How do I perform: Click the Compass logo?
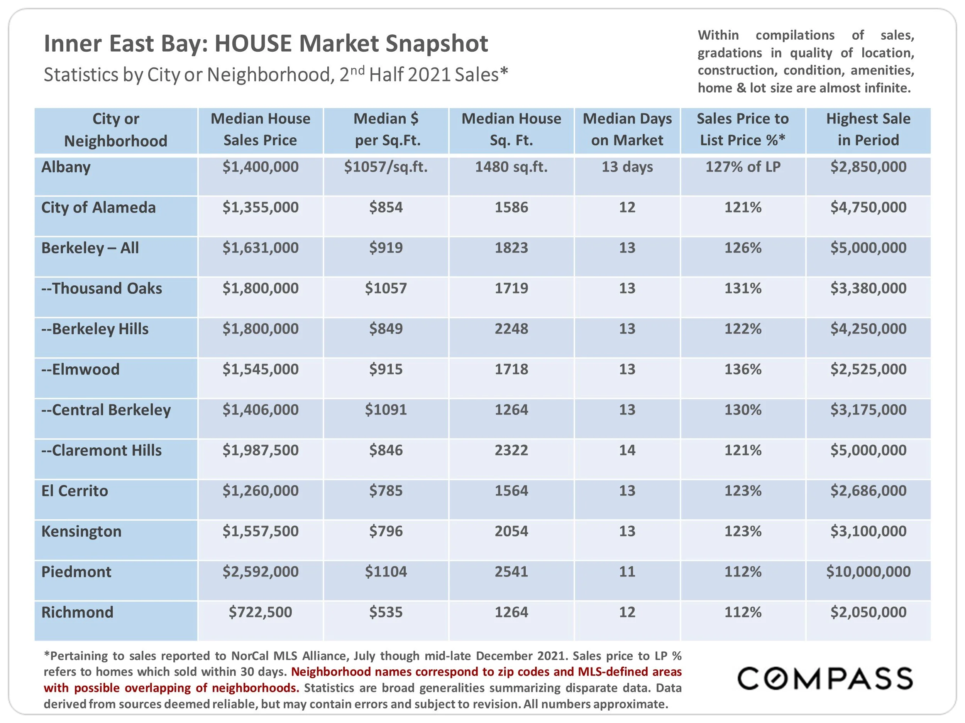pyautogui.click(x=824, y=679)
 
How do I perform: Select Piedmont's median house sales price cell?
pyautogui.click(x=261, y=571)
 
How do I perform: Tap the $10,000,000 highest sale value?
pyautogui.click(x=868, y=571)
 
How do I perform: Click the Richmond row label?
pyautogui.click(x=77, y=612)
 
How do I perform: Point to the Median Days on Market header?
pyautogui.click(x=627, y=130)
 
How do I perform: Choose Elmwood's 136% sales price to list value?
pyautogui.click(x=743, y=369)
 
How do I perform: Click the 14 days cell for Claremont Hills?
pyautogui.click(x=627, y=450)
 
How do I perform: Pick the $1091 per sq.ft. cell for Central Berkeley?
pyautogui.click(x=386, y=410)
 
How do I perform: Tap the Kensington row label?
pyautogui.click(x=81, y=531)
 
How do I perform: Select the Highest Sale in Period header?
pyautogui.click(x=868, y=130)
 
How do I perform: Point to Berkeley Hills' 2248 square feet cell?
pyautogui.click(x=511, y=329)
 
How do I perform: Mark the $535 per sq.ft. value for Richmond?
pyautogui.click(x=386, y=612)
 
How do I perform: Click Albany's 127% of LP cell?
pyautogui.click(x=743, y=167)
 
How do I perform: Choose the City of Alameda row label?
pyautogui.click(x=98, y=207)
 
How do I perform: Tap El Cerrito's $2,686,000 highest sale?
pyautogui.click(x=868, y=491)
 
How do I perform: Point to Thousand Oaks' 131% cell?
pyautogui.click(x=743, y=288)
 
